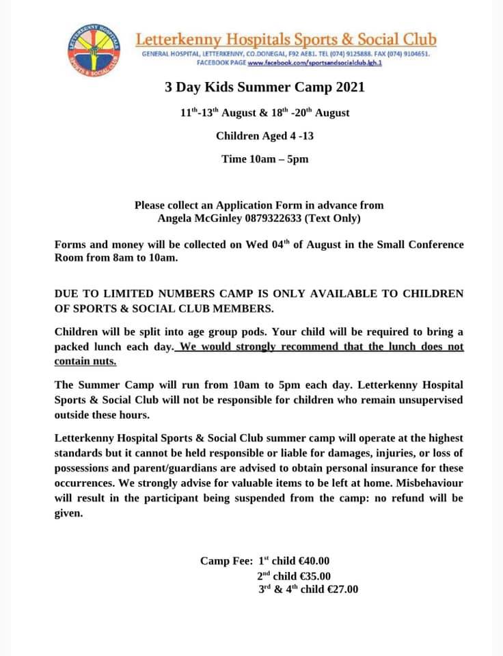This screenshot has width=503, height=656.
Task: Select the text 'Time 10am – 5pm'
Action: point(265,159)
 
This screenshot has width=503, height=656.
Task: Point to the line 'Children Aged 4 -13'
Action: point(264,136)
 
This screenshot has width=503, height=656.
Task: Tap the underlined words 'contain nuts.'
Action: point(85,361)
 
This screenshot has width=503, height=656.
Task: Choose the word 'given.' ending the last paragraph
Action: point(68,513)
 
